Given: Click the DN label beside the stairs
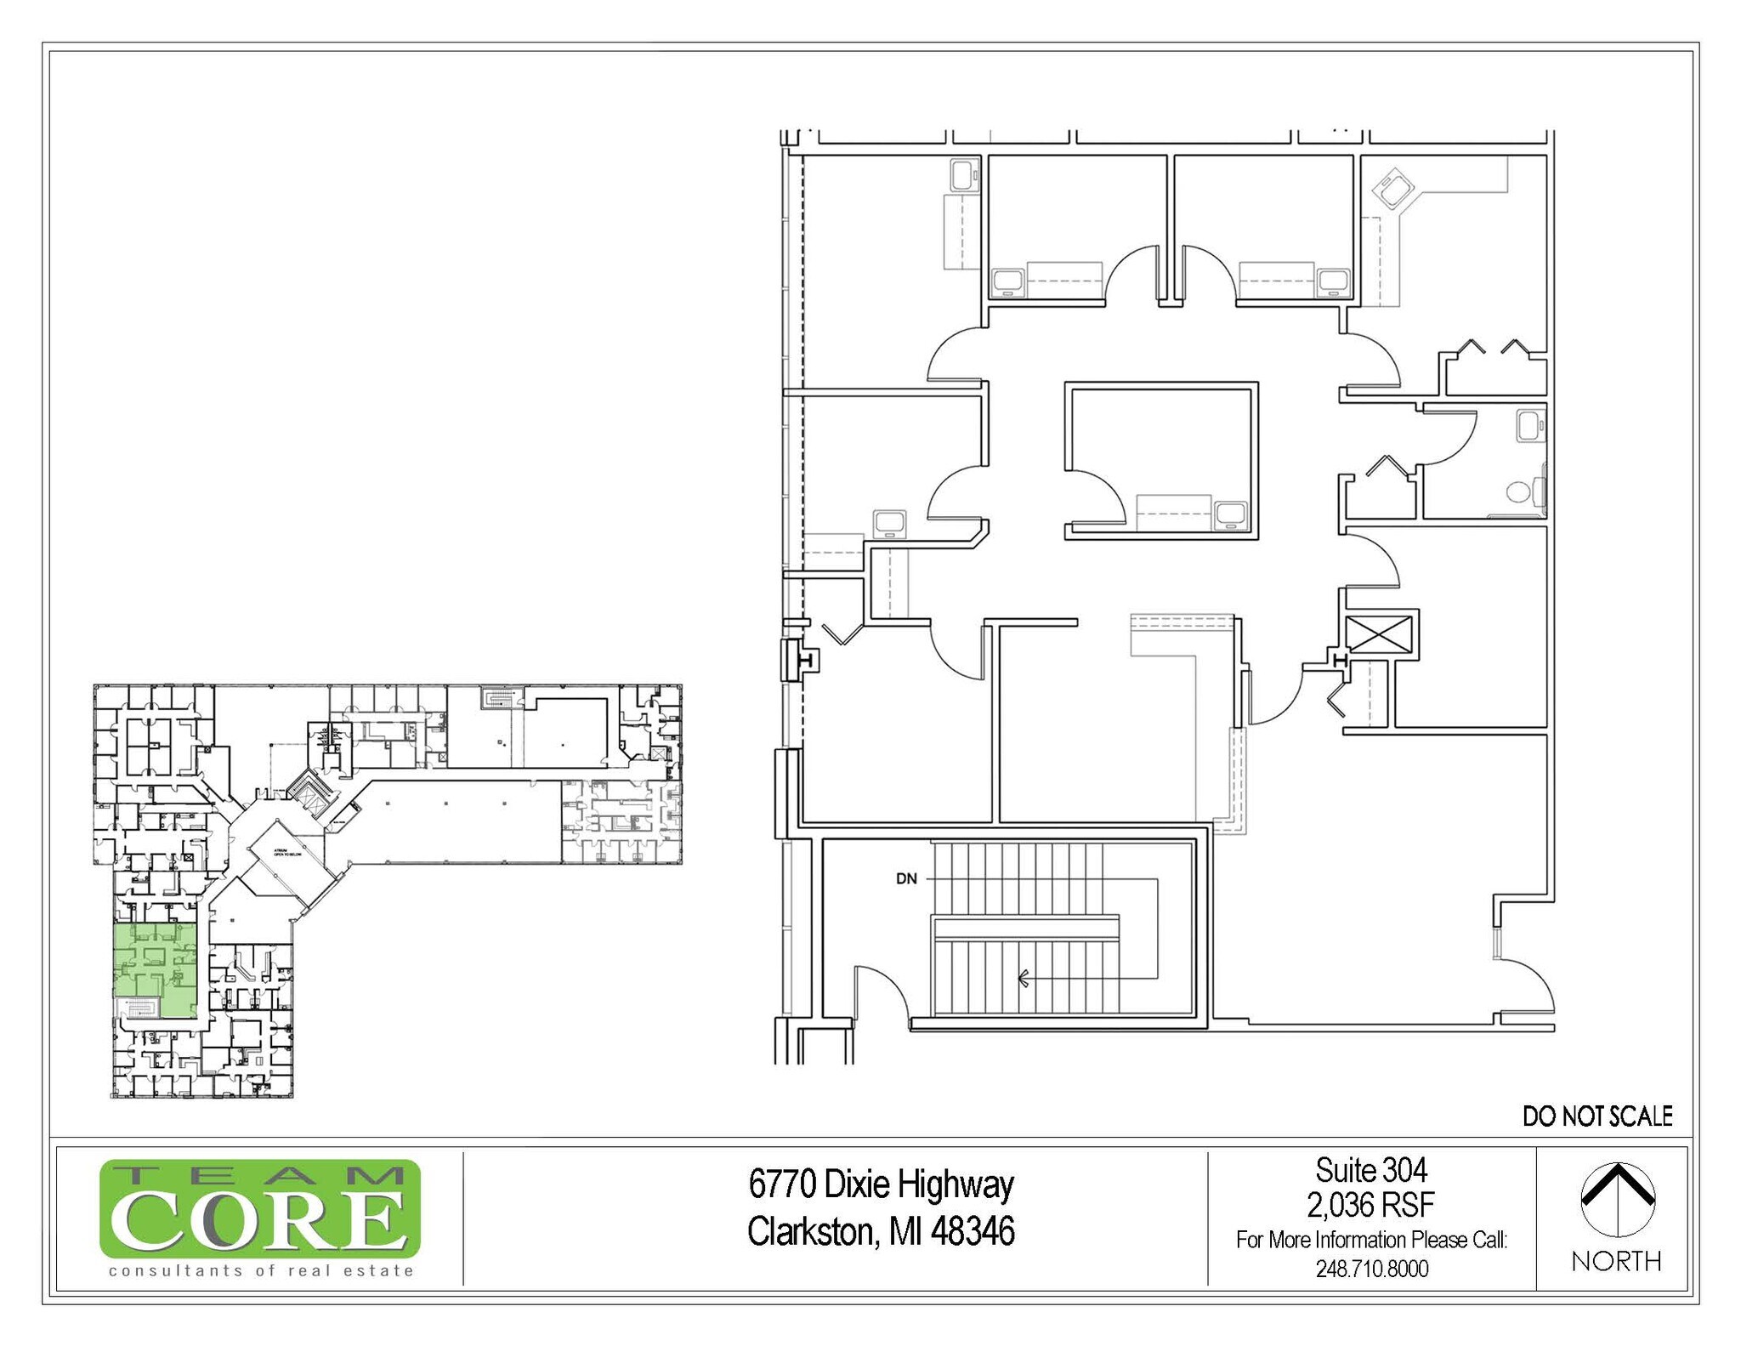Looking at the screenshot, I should (906, 878).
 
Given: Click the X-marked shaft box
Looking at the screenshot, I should (1378, 634).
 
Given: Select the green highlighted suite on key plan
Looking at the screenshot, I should (156, 970).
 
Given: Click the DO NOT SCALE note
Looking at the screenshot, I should (1596, 1116).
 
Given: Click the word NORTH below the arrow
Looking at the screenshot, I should (1616, 1261).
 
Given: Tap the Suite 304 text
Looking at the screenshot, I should (1371, 1170).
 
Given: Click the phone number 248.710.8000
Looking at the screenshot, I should (1371, 1269).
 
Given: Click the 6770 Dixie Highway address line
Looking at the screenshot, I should (881, 1184).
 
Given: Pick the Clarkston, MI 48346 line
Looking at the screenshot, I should (881, 1231).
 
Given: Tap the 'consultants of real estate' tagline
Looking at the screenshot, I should (261, 1270).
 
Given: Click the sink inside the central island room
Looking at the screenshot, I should (1230, 514).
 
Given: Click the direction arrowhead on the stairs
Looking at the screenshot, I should (1024, 978).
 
